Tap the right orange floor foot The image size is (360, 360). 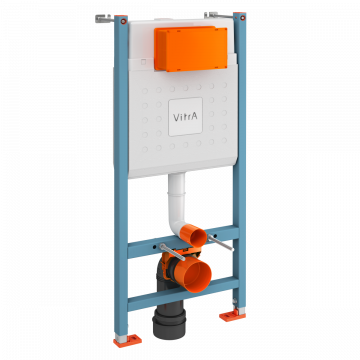click(230, 317)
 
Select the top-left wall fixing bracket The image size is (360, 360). click(104, 17)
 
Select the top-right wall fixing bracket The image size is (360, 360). click(216, 14)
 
